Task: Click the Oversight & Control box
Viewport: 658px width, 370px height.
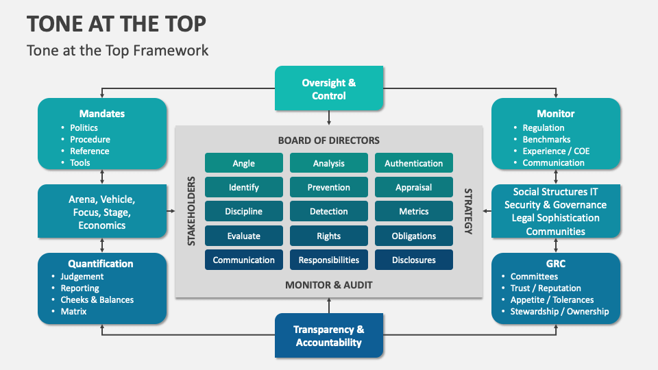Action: click(x=329, y=89)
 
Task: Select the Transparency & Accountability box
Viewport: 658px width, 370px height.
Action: click(x=329, y=336)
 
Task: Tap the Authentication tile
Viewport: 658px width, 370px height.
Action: click(x=413, y=163)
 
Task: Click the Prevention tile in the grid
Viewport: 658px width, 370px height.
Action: click(x=329, y=187)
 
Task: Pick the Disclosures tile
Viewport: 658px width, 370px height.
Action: click(x=413, y=260)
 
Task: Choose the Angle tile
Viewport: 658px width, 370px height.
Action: click(x=243, y=163)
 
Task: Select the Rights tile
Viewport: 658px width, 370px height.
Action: click(x=329, y=236)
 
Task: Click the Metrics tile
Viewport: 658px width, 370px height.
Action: click(x=413, y=211)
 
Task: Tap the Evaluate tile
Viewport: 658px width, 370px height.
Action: click(x=243, y=236)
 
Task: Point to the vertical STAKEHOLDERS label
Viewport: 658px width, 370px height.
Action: click(x=192, y=211)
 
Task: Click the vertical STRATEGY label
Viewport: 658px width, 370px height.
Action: click(x=468, y=211)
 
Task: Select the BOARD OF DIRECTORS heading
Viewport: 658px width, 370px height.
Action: click(x=328, y=140)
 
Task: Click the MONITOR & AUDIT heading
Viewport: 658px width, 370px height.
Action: click(x=328, y=284)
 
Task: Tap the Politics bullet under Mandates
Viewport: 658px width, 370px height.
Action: click(x=84, y=127)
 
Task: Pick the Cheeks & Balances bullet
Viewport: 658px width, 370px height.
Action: click(x=97, y=299)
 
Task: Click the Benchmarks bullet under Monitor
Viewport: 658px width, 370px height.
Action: click(x=546, y=139)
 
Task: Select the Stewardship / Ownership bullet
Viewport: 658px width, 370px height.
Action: click(x=559, y=311)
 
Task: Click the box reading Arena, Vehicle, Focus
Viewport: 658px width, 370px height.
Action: click(x=102, y=212)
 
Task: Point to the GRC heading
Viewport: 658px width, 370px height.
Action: click(x=555, y=264)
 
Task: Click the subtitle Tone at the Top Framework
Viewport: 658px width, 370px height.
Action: click(x=117, y=51)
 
